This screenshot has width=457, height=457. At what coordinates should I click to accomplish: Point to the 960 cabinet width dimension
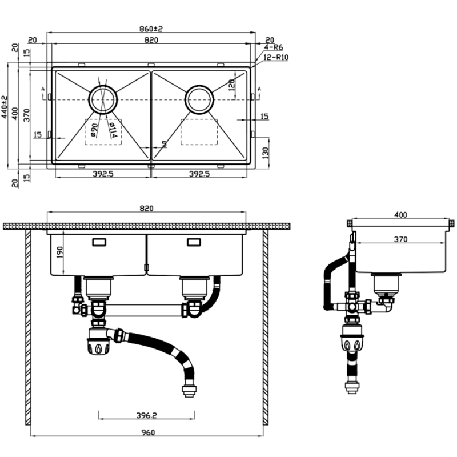(x=148, y=433)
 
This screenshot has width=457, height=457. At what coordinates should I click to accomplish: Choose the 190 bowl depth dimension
(x=59, y=251)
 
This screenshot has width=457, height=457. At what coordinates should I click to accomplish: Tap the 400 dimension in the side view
(x=400, y=215)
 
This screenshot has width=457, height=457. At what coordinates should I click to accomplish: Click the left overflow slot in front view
(x=99, y=242)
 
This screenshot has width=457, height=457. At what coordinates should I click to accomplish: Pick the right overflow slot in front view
(x=194, y=242)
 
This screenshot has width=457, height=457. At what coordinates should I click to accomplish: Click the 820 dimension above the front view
(x=146, y=209)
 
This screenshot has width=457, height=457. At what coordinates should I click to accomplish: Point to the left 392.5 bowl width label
(x=103, y=174)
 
